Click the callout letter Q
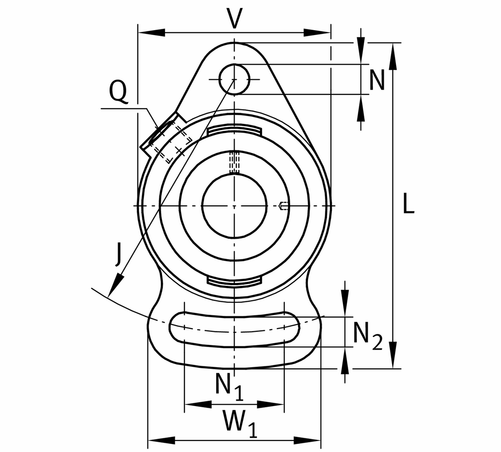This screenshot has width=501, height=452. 118,91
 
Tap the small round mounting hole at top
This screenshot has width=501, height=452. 234,79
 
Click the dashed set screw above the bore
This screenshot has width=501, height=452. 234,162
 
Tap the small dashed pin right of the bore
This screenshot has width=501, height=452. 283,206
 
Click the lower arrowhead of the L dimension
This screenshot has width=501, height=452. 392,355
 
